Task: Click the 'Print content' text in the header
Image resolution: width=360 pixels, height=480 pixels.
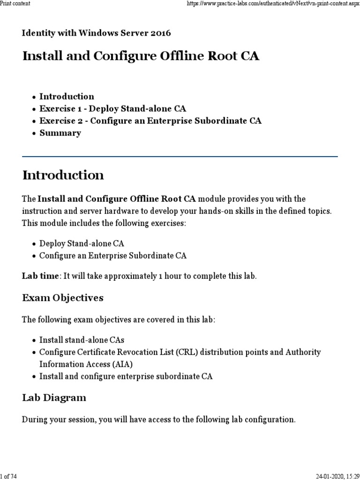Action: tap(15, 4)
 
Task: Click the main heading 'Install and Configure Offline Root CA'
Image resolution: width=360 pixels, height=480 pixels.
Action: tap(141, 56)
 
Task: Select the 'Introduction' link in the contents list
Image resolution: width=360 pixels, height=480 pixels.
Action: tap(67, 97)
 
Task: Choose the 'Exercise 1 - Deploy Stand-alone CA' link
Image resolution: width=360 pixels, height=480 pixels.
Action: tap(112, 109)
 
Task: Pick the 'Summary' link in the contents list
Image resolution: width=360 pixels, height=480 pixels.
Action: tap(60, 133)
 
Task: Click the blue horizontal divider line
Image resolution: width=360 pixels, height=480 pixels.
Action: tap(180, 157)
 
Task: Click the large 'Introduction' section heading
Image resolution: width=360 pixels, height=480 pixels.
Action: tap(63, 176)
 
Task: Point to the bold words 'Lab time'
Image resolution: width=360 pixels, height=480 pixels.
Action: tap(39, 276)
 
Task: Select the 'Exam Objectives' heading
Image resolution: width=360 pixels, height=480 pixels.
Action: tap(63, 298)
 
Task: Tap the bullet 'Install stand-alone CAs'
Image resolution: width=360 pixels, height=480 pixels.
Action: tap(82, 340)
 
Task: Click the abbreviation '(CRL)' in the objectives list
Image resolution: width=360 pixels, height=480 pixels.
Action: tap(188, 352)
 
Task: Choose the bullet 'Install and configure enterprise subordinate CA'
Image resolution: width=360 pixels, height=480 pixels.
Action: tap(126, 376)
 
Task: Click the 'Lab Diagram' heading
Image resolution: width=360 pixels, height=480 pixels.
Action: tap(54, 398)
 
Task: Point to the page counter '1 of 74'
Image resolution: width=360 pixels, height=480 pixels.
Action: tap(9, 476)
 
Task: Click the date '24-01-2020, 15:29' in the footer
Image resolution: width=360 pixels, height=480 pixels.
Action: tap(335, 476)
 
